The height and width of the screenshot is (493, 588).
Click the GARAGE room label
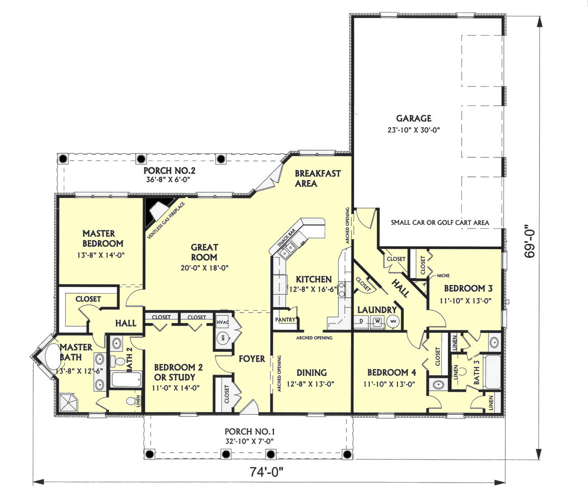414,118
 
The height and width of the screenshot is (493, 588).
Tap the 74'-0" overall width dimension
266,472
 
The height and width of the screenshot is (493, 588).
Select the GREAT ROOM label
204,252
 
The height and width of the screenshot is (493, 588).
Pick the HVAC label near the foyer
223,322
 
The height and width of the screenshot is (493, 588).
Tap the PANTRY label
285,320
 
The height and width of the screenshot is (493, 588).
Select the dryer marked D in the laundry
361,321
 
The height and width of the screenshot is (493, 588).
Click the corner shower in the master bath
68,403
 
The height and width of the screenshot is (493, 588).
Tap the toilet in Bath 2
118,360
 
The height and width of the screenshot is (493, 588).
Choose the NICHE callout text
443,275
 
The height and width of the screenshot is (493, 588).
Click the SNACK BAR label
286,238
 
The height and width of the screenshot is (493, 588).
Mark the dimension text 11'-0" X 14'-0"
176,388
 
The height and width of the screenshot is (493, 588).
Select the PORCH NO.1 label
250,431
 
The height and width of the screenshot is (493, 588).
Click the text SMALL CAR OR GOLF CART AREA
440,223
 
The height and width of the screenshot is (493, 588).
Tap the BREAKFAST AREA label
318,179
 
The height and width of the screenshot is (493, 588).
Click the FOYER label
252,359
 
